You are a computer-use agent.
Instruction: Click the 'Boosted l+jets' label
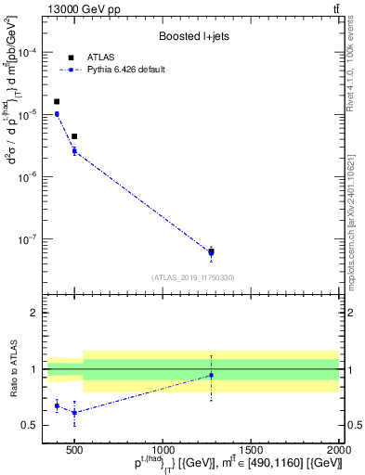click(x=192, y=36)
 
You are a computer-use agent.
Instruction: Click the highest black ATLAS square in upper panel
click(x=57, y=102)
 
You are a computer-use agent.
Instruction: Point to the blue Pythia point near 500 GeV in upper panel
click(x=74, y=150)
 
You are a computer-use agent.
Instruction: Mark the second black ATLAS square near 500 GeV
click(x=74, y=136)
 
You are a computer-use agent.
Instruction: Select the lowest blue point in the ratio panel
click(x=74, y=413)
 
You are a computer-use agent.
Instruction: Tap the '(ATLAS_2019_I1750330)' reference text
click(x=192, y=277)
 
